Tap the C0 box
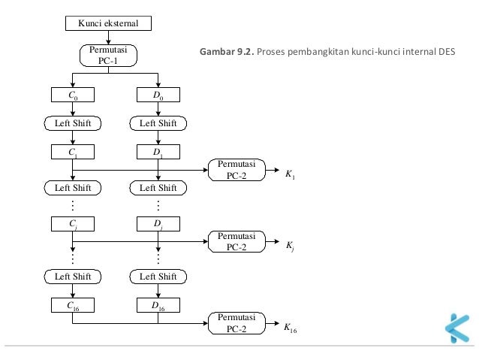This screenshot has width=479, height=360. coord(72,95)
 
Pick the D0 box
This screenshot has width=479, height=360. coord(158,95)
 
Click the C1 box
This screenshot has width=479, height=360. coord(72,153)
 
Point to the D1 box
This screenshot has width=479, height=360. coord(158,153)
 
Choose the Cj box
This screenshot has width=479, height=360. coord(72,223)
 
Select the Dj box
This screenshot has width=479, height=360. coord(158,223)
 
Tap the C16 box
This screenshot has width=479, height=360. coord(72,305)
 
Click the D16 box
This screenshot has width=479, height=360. coord(158,305)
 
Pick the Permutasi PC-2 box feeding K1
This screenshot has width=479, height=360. coord(236,170)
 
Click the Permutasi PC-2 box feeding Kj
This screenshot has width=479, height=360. coord(236,241)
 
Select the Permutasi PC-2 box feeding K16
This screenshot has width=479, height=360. coord(236,322)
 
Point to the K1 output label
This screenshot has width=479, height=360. coord(290,174)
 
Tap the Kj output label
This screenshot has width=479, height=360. coord(290,245)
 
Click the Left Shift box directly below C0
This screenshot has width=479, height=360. coord(72,124)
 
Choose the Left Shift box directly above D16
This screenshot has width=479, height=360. coord(158,277)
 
